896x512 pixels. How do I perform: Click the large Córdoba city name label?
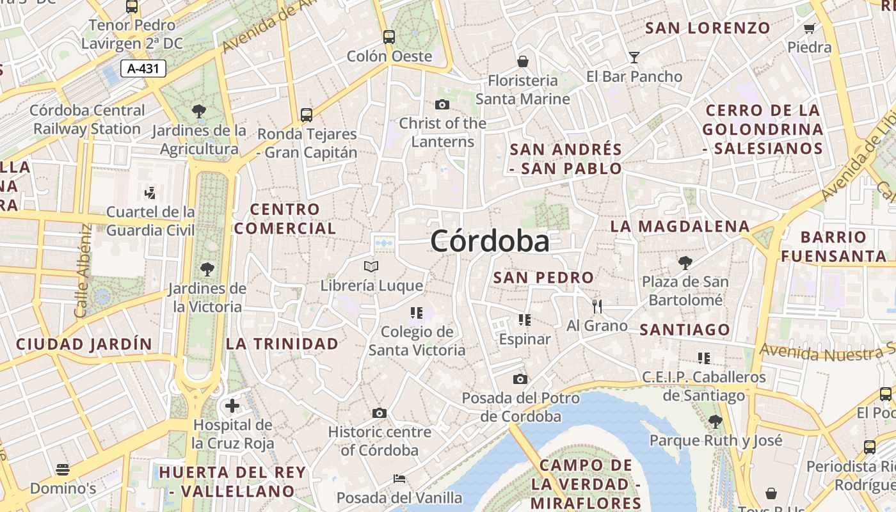tap(490, 242)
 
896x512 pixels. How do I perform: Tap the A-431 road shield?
tap(143, 68)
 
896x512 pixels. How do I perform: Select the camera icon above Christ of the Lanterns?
tap(442, 104)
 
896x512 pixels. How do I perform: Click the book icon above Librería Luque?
tap(371, 266)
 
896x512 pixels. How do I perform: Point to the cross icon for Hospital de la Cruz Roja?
tap(232, 406)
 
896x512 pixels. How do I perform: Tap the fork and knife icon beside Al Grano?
tap(597, 307)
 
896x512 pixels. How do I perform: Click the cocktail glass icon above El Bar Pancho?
tap(634, 58)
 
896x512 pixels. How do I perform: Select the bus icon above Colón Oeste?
tap(389, 36)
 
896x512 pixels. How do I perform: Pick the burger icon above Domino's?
tap(63, 470)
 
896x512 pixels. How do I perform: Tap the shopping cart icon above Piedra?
tap(809, 28)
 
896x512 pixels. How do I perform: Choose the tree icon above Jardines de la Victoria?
tap(207, 269)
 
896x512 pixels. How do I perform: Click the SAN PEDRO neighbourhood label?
tap(543, 278)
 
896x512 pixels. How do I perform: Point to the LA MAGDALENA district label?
tap(680, 227)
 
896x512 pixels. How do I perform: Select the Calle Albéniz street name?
tap(81, 270)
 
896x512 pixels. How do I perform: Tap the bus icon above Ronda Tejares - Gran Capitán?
tap(307, 115)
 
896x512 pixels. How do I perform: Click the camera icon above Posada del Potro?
tap(520, 379)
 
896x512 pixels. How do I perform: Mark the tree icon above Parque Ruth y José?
tap(716, 421)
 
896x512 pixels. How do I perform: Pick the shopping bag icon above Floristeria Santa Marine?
tap(523, 61)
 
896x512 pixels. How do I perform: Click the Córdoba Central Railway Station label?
tap(87, 120)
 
